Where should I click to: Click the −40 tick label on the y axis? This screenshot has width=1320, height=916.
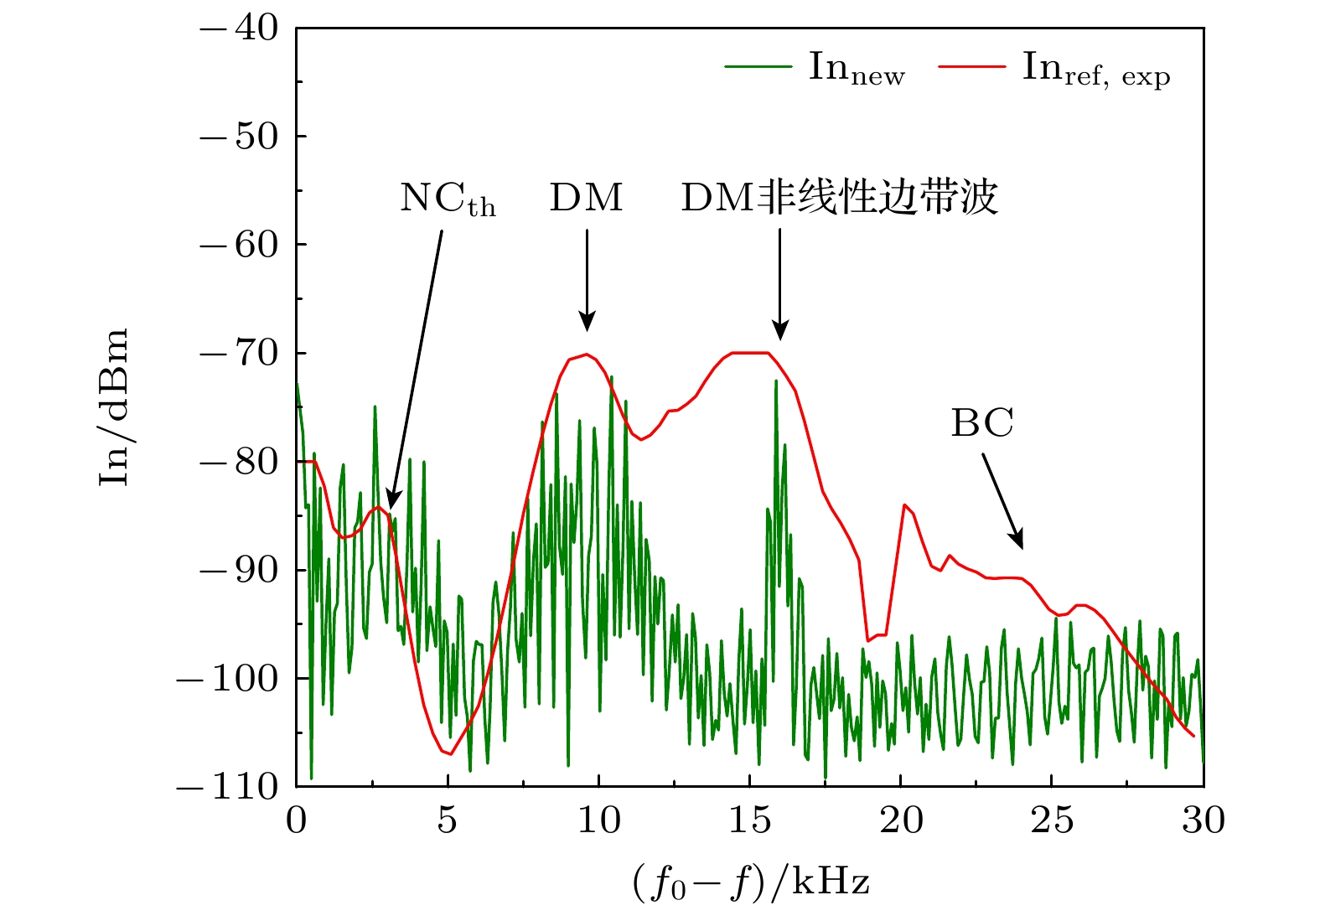click(x=239, y=28)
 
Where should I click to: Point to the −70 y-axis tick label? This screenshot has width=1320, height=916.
click(x=239, y=354)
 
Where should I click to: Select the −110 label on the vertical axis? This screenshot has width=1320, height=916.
click(x=227, y=787)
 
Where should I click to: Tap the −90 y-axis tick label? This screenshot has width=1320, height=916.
click(x=239, y=571)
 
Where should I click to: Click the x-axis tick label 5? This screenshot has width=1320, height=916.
click(x=447, y=820)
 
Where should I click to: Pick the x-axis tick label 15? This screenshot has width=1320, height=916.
click(x=749, y=820)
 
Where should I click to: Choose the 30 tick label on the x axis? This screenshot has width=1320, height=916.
click(x=1204, y=820)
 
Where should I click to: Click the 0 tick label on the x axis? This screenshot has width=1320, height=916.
click(x=297, y=820)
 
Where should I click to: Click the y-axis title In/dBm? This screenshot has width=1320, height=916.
click(x=113, y=407)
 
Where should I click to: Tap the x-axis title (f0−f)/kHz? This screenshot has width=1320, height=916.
click(x=751, y=882)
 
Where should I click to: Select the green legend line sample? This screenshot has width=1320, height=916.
click(x=758, y=67)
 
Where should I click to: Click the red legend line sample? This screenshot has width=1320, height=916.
click(x=971, y=67)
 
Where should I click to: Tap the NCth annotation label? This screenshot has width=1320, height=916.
click(x=448, y=199)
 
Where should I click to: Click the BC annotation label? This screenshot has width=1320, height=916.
click(x=981, y=424)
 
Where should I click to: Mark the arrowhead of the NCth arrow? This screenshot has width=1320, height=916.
click(x=391, y=502)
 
